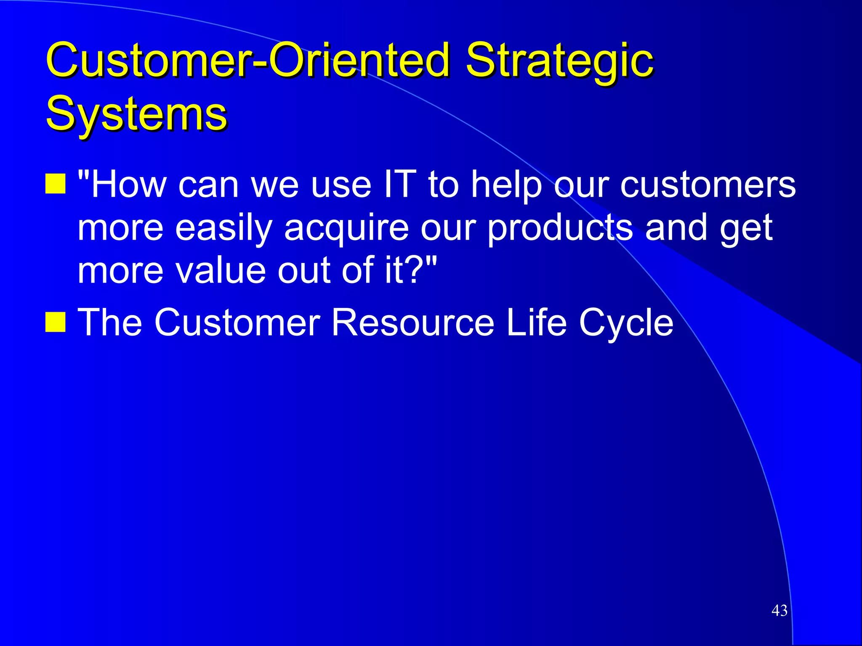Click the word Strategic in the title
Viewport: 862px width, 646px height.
pyautogui.click(x=560, y=61)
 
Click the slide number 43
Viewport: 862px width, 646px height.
pyautogui.click(x=779, y=610)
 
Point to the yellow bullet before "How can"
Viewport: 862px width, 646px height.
pyautogui.click(x=56, y=183)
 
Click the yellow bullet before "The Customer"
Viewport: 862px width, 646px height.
pyautogui.click(x=56, y=322)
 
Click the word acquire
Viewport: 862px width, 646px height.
pyautogui.click(x=346, y=228)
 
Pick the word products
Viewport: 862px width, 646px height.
pyautogui.click(x=560, y=228)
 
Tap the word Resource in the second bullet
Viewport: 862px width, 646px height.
pyautogui.click(x=413, y=322)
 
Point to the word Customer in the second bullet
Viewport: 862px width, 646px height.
pyautogui.click(x=237, y=322)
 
